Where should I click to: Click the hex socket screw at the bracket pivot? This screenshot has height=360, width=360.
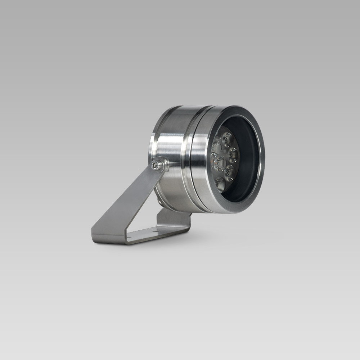point(156,165)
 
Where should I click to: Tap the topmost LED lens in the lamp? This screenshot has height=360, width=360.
point(228,137)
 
